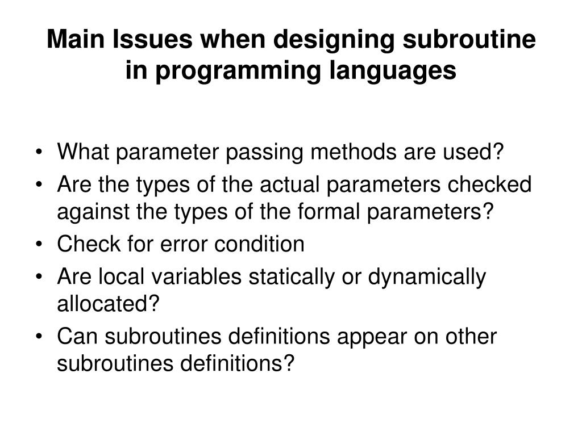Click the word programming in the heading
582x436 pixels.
pyautogui.click(x=236, y=71)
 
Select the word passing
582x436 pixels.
pyautogui.click(x=265, y=153)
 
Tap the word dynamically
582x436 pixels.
pyautogui.click(x=427, y=278)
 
